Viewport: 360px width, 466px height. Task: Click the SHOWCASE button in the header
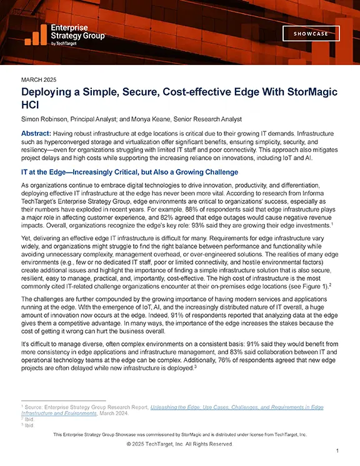pos(311,34)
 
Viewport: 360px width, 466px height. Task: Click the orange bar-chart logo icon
pos(36,35)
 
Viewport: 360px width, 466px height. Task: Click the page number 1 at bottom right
pos(337,451)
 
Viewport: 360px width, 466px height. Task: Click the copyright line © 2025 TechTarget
pos(179,443)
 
